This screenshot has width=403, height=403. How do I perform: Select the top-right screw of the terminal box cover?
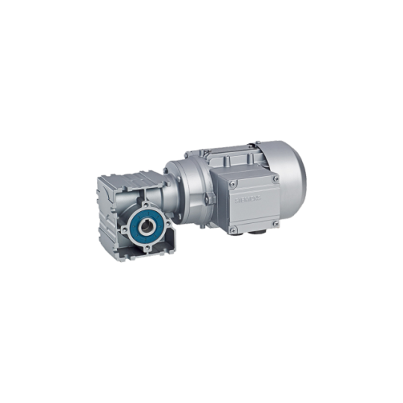tap(275, 179)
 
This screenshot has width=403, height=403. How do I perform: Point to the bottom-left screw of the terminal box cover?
tap(233, 231)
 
